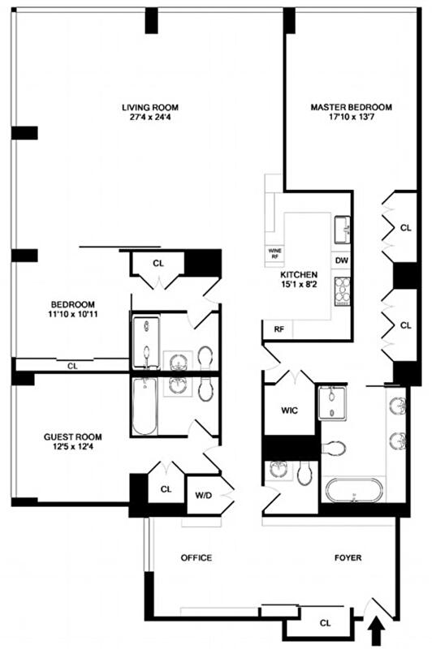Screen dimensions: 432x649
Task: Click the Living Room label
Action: pyautogui.click(x=150, y=108)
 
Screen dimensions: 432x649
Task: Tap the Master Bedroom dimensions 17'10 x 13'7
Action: pyautogui.click(x=352, y=117)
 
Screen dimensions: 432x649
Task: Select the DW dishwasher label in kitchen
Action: pyautogui.click(x=341, y=260)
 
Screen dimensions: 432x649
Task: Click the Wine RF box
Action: pyautogui.click(x=274, y=254)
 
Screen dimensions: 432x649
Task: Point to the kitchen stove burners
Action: pyautogui.click(x=342, y=291)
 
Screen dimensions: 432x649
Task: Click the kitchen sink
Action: pyautogui.click(x=342, y=230)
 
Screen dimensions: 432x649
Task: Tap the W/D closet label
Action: pyautogui.click(x=203, y=496)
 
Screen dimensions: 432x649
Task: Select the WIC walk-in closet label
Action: pyautogui.click(x=289, y=410)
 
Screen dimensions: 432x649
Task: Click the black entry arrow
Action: pyautogui.click(x=377, y=633)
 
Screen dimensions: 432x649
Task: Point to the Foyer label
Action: pyautogui.click(x=348, y=558)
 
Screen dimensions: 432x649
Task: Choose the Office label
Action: pyautogui.click(x=197, y=558)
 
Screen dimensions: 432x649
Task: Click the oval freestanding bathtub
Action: pyautogui.click(x=354, y=491)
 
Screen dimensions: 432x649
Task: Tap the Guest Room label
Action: pyautogui.click(x=73, y=437)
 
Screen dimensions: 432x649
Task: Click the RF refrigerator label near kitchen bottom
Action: pyautogui.click(x=279, y=329)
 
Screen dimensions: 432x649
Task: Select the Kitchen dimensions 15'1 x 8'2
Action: pyautogui.click(x=299, y=285)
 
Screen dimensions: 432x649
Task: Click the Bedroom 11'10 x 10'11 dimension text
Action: pyautogui.click(x=73, y=314)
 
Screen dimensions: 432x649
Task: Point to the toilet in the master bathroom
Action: pyautogui.click(x=334, y=448)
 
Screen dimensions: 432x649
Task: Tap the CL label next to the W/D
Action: pyautogui.click(x=166, y=489)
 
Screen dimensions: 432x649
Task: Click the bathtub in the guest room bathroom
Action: pyautogui.click(x=145, y=407)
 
